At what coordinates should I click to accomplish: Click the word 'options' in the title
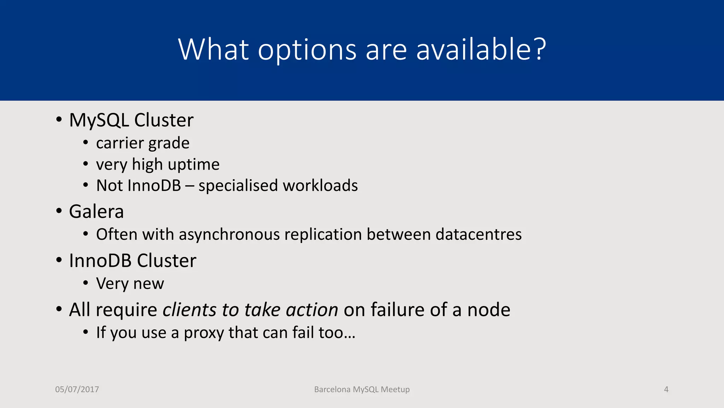(307, 50)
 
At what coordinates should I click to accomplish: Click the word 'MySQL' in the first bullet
(99, 120)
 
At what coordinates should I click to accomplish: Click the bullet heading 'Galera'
(96, 212)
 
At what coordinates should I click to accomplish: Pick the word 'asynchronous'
(229, 234)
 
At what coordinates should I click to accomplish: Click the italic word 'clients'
(189, 310)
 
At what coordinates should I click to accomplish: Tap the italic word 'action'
(312, 310)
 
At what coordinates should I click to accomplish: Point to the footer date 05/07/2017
(77, 389)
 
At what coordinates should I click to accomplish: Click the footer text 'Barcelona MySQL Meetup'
(362, 389)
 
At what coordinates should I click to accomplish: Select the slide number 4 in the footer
(666, 389)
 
